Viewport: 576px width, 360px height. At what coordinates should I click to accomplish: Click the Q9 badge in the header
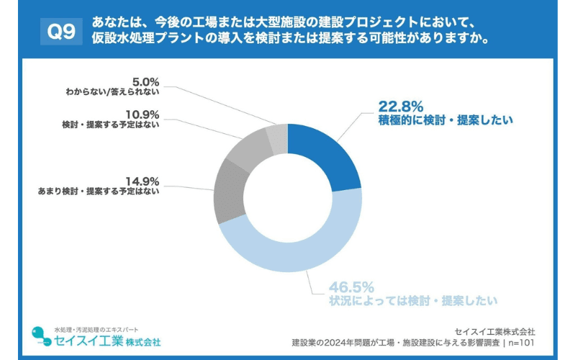click(x=60, y=31)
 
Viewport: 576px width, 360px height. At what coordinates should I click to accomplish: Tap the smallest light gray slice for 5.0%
click(x=277, y=137)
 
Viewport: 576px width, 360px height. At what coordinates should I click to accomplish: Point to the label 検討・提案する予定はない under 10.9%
click(x=111, y=125)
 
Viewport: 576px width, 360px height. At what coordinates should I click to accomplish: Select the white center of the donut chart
click(x=287, y=197)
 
